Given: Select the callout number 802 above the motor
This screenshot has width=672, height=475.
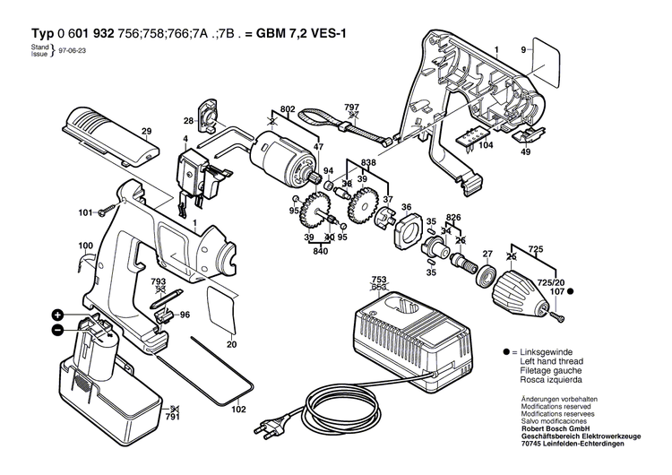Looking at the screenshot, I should [288, 108].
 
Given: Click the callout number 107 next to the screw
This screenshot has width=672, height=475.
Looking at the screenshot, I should [556, 290].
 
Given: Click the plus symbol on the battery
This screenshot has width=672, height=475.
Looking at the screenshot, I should [57, 315].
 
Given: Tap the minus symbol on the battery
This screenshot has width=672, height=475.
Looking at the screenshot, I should [57, 329].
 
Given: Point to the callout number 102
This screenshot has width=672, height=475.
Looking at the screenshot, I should [237, 410].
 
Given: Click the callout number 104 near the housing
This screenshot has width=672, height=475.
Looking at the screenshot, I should [485, 144].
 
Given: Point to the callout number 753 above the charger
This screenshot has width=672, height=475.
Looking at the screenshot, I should [380, 279].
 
